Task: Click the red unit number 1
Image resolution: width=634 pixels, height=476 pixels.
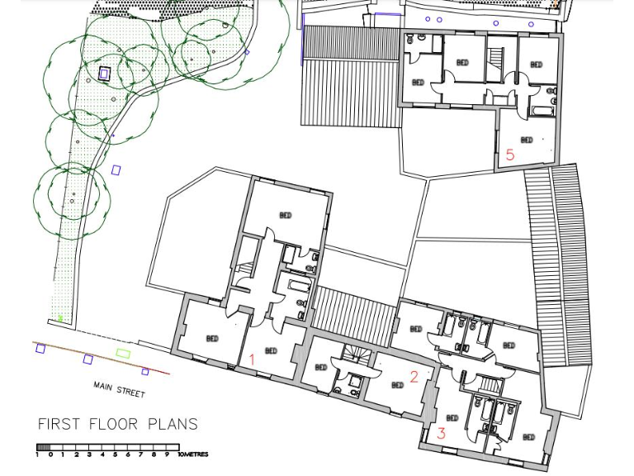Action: click(253, 359)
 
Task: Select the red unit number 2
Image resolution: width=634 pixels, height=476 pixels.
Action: click(414, 376)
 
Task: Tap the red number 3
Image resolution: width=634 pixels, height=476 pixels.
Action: click(442, 433)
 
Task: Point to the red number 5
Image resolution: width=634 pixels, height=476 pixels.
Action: click(510, 155)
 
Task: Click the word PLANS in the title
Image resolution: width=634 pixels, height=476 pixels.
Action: click(173, 425)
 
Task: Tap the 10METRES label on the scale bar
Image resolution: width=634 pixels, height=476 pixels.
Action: click(192, 455)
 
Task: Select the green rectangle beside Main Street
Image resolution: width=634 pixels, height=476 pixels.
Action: click(123, 354)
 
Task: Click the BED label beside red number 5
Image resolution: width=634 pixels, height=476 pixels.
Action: click(527, 140)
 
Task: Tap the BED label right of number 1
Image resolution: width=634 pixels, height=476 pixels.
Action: click(271, 351)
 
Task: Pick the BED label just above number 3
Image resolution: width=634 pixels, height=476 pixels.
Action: click(452, 418)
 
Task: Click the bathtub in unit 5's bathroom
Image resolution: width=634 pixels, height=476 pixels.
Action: click(541, 109)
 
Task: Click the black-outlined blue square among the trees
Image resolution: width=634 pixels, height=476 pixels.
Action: click(104, 74)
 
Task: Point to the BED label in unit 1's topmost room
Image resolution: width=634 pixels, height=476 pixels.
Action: click(286, 216)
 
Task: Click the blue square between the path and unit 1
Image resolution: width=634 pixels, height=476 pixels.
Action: click(116, 170)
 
